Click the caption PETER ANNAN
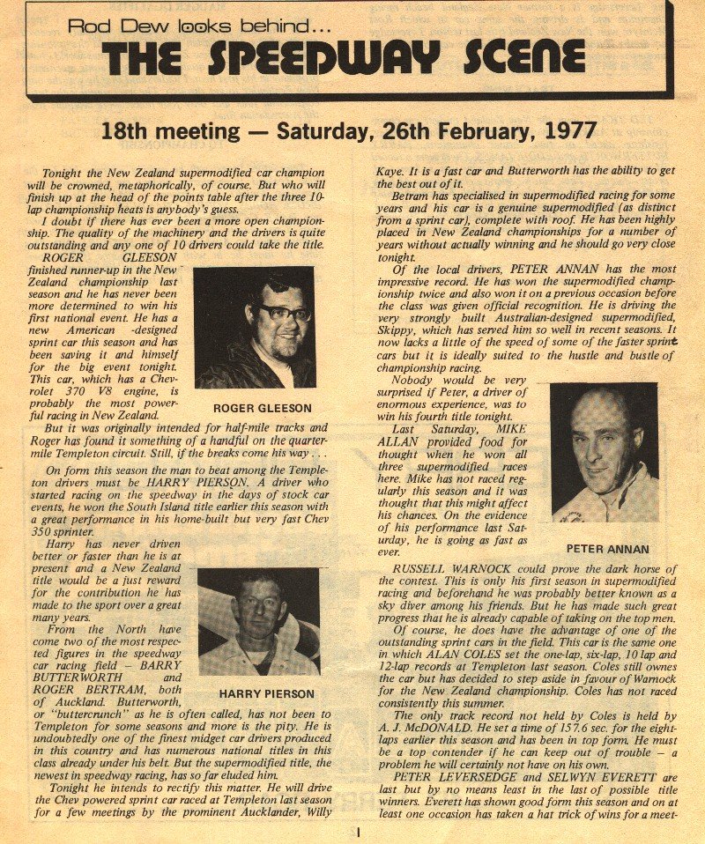tap(607, 549)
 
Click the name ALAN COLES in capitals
tap(490, 655)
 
